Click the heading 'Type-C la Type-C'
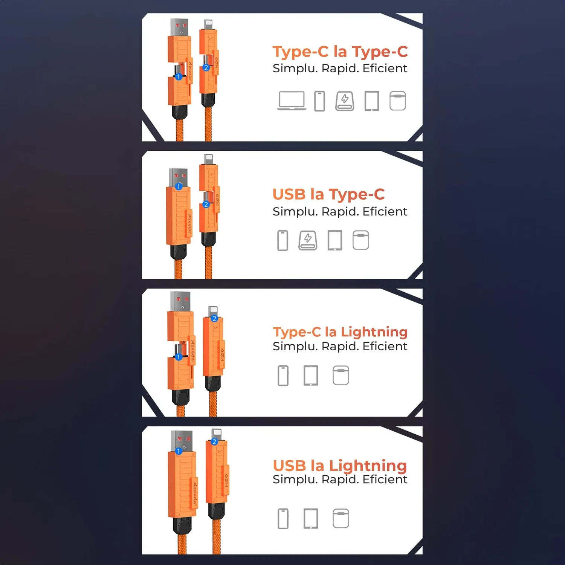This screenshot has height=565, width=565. [x=340, y=52]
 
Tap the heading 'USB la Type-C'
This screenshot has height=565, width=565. [x=328, y=195]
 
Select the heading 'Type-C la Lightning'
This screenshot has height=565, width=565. [x=340, y=332]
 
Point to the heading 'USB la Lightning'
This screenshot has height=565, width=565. [x=340, y=466]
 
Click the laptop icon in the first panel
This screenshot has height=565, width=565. [x=292, y=101]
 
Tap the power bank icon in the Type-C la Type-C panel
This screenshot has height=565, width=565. [x=345, y=101]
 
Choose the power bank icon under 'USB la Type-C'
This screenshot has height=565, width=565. [x=308, y=240]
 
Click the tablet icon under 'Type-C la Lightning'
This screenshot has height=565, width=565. [x=311, y=376]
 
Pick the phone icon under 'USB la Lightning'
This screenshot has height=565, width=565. [x=283, y=519]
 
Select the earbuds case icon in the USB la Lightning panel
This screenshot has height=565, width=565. [x=341, y=518]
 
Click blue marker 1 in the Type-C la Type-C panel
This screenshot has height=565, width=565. [x=179, y=76]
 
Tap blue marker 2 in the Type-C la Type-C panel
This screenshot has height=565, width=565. [x=206, y=68]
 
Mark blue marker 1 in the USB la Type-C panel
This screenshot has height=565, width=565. [x=179, y=186]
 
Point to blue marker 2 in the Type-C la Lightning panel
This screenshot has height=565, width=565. [x=214, y=319]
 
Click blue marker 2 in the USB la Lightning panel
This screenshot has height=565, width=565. [x=214, y=442]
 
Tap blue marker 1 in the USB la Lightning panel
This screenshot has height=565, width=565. [x=179, y=451]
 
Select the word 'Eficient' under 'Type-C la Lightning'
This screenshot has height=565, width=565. [x=385, y=346]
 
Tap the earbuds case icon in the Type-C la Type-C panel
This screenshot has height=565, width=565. [x=398, y=101]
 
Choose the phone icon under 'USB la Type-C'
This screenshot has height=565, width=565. [x=282, y=240]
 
